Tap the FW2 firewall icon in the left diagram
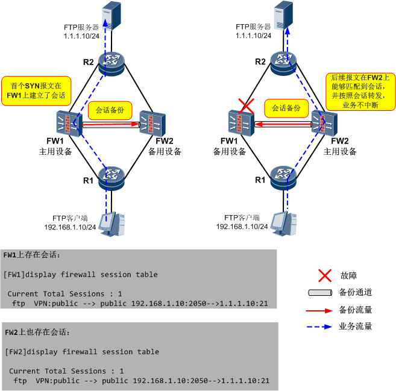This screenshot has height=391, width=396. point(151,124)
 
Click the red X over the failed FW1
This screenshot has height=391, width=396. point(245,107)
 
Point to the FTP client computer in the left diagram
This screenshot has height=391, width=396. point(113,224)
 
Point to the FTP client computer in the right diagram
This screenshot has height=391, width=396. point(284,223)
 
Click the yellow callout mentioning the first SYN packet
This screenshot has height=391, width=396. point(35,91)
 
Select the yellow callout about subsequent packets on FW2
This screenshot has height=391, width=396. point(360,90)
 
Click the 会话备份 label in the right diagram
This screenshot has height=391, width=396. point(286,108)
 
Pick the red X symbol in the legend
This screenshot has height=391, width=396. point(325,276)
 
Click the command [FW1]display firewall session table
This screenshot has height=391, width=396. point(80,275)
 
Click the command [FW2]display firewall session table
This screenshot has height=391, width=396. point(81,352)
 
